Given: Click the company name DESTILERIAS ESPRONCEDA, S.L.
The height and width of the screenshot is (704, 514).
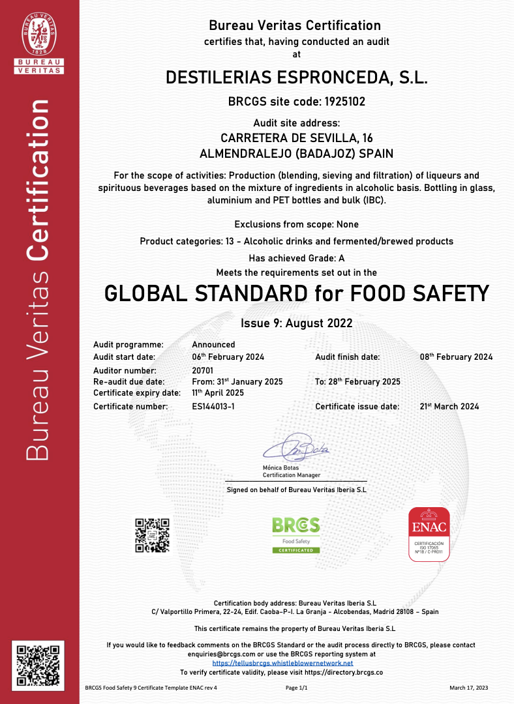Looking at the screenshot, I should (297, 78).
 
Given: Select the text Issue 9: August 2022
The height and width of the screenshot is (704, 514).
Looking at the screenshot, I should (297, 323).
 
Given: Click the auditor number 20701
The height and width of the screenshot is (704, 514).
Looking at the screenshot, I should (204, 369).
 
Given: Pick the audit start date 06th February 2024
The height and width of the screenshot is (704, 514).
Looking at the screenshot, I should (228, 357).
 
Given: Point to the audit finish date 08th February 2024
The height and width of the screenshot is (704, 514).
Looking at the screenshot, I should (456, 357).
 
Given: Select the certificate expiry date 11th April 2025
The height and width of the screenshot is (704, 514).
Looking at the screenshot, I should (218, 393).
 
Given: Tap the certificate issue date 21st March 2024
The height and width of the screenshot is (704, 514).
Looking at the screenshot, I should (449, 407).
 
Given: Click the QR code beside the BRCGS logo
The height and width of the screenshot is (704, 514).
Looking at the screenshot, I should (152, 535).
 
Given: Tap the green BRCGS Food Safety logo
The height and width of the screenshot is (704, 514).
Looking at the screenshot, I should (296, 535).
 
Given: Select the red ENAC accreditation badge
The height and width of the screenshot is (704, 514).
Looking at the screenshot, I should (429, 535).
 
